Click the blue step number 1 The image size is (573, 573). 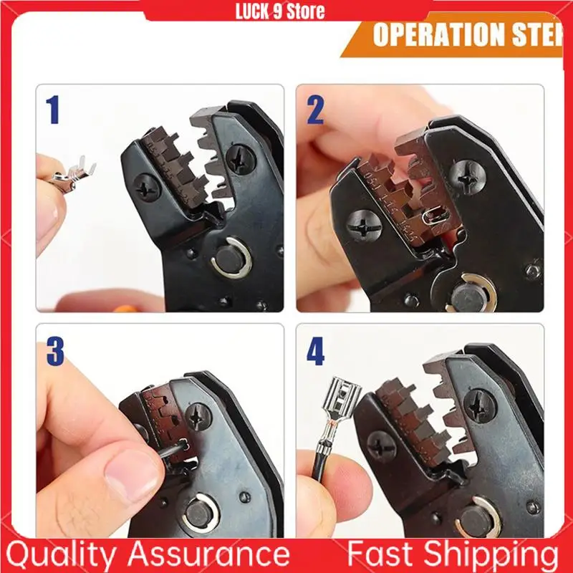pos(52,111)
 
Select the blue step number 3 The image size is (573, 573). pos(54,351)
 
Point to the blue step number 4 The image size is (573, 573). pos(315,351)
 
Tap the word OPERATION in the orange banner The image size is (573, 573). pos(438,34)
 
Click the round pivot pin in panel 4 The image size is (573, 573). pos(473,519)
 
